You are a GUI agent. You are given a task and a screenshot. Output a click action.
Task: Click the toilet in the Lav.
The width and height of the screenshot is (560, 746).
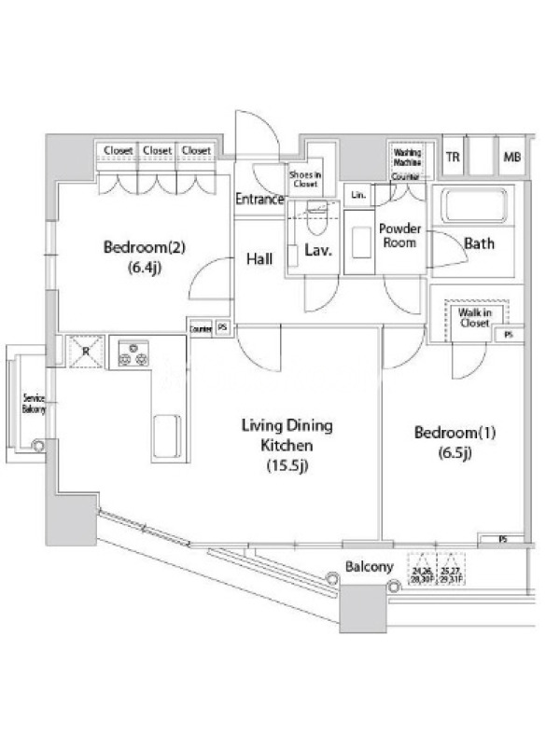314,225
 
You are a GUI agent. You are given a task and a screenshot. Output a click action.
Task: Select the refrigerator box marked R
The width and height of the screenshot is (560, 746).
85,352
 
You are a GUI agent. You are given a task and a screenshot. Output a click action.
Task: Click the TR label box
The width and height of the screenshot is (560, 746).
453,157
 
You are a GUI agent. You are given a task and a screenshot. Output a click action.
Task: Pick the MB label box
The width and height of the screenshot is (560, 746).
512,157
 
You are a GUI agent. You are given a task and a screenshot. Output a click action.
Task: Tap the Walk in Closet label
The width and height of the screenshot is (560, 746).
474,317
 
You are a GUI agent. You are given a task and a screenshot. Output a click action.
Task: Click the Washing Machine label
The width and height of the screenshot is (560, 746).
406,158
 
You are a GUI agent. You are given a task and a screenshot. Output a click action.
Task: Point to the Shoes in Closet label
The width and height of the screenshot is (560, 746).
305,178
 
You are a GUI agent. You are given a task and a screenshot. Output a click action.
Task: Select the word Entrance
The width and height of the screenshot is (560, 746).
259,199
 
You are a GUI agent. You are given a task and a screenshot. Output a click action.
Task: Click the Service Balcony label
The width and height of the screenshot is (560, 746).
34,403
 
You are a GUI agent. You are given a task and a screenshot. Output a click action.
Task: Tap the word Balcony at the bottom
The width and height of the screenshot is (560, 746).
369,566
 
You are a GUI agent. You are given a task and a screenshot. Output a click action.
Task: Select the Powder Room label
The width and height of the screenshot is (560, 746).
399,236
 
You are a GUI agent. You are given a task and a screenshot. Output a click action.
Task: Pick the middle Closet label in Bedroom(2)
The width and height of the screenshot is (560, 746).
157,150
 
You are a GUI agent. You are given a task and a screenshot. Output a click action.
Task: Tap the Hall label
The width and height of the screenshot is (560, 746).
259,258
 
